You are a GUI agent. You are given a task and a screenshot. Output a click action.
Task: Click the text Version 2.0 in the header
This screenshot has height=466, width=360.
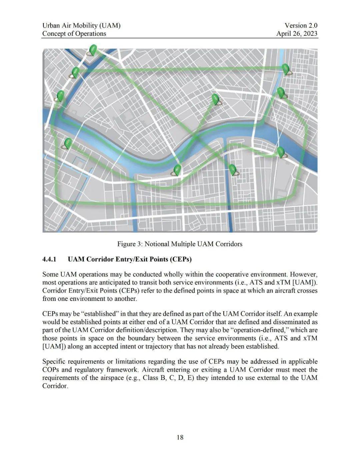301,25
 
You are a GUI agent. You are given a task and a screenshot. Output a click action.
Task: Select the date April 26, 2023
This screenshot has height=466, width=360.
297,34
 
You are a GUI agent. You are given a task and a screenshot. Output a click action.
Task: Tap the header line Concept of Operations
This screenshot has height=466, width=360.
74,34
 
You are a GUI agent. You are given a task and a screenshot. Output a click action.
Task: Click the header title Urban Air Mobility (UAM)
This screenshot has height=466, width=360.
81,25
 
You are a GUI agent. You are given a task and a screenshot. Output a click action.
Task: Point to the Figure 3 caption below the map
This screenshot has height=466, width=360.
180,244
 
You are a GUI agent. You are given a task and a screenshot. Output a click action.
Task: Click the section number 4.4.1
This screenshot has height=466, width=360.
50,259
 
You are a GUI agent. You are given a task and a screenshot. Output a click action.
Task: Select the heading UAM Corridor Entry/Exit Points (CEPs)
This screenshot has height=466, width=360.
129,259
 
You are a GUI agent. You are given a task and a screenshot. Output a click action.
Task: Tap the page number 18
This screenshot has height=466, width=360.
180,437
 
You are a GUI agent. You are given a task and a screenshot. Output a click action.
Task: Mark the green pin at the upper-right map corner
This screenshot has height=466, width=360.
286,69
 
